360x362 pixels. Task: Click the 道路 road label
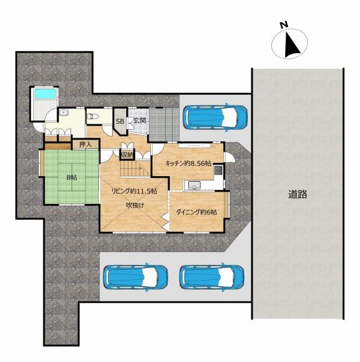coord(297,194)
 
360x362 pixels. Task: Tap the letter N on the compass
coord(284,25)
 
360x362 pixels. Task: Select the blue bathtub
coord(45,94)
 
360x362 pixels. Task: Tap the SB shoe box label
coord(120,121)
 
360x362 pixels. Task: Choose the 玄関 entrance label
coord(140,120)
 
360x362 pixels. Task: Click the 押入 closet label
coord(86,145)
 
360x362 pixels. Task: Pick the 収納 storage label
coord(127,155)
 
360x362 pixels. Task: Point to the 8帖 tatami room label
coord(72,177)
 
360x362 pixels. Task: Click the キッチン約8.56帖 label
coord(188,164)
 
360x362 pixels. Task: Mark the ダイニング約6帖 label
coord(196,212)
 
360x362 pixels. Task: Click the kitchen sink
coord(195,185)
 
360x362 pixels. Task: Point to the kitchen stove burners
coord(218,170)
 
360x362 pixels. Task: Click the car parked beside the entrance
coord(215,117)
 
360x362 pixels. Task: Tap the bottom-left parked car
coord(136,277)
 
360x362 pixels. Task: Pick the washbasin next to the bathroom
coord(63,113)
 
